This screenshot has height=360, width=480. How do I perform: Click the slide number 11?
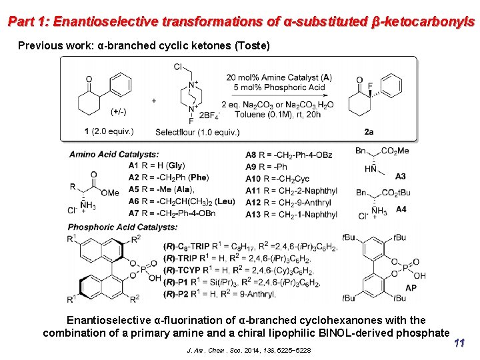point(459,343)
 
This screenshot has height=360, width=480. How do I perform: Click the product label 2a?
point(369,132)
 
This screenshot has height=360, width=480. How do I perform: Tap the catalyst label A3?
point(400,177)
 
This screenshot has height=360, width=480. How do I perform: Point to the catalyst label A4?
point(401,209)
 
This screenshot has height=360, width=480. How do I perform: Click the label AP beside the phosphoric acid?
point(411,288)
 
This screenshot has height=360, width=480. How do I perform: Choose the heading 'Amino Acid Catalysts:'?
point(114,155)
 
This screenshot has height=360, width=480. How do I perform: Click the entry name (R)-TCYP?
point(181,270)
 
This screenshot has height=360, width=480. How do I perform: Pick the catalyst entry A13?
point(253,215)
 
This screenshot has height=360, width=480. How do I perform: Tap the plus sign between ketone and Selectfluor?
point(154,101)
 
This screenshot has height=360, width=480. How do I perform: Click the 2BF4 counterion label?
point(209,114)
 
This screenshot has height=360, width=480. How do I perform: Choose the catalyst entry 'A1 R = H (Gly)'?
point(157,165)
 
